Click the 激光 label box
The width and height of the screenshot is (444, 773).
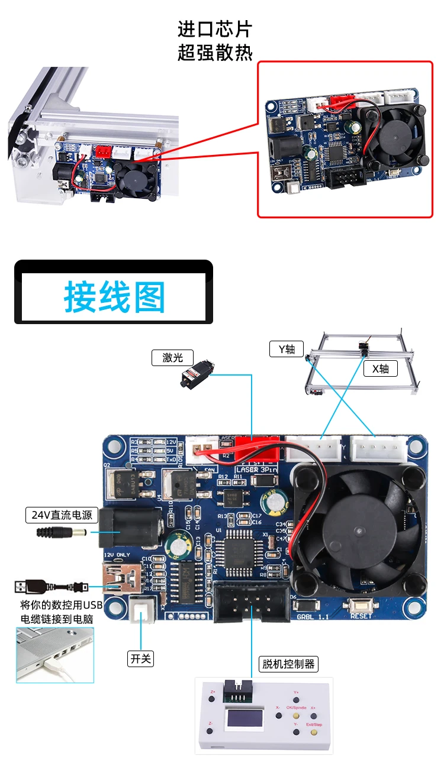(172, 357)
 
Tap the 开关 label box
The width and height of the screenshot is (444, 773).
(140, 658)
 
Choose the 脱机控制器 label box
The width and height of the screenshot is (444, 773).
(288, 664)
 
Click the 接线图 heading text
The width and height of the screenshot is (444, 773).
(114, 297)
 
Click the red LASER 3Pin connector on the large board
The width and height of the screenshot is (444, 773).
(258, 449)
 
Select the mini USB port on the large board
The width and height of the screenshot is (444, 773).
(121, 578)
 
